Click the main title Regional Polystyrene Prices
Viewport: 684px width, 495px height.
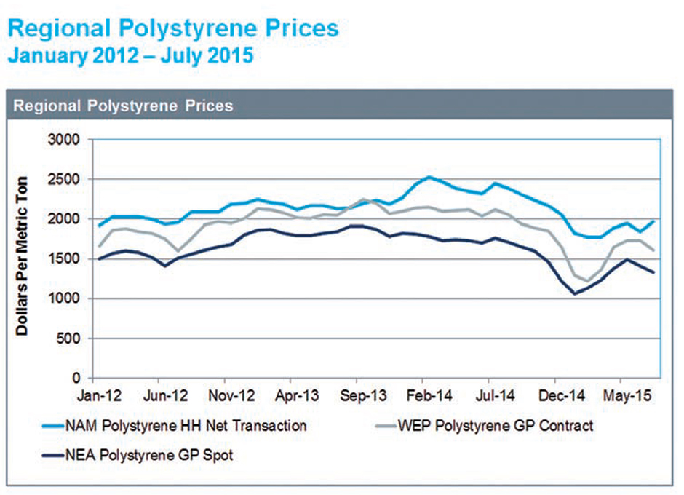click(x=172, y=28)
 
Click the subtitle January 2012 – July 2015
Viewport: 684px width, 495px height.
click(x=130, y=55)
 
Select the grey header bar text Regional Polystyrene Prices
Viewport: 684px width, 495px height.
click(x=123, y=106)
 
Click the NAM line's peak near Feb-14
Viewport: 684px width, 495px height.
click(x=429, y=177)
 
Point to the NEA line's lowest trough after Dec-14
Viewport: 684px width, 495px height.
click(x=574, y=293)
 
